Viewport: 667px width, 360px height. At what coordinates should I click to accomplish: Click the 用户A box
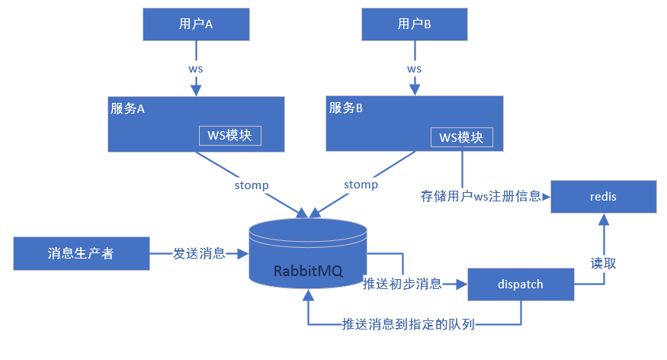196,24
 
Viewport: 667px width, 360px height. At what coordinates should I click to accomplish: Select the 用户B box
414,24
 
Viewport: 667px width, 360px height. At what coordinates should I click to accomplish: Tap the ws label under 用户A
196,68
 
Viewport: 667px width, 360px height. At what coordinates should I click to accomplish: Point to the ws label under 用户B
414,68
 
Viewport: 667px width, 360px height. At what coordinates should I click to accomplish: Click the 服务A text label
128,108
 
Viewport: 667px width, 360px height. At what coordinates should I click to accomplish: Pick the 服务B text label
346,108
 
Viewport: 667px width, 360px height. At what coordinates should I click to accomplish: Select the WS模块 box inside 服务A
229,135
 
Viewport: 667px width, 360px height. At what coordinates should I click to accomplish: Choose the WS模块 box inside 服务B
461,137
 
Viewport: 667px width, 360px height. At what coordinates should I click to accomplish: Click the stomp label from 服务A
251,185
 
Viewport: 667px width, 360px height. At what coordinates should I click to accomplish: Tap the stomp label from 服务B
361,185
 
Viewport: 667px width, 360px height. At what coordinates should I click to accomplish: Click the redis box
604,197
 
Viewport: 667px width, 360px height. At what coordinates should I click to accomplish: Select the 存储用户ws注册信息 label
480,196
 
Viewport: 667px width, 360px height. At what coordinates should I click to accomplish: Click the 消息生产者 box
81,253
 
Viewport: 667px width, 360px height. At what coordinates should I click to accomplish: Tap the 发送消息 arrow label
199,253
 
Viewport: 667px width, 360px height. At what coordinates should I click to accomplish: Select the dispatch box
520,284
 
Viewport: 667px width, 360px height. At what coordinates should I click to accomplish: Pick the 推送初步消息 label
402,284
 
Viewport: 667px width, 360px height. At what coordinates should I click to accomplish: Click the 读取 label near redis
604,263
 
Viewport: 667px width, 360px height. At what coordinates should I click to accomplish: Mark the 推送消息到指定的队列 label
409,325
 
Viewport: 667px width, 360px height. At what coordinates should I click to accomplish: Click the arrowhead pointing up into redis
604,219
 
